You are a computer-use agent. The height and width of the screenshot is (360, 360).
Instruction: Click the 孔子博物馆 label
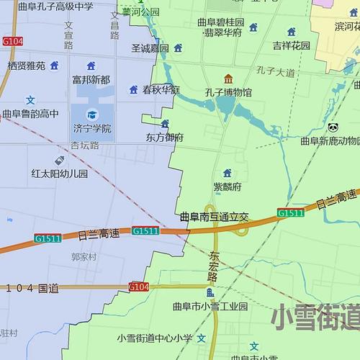coord(228,92)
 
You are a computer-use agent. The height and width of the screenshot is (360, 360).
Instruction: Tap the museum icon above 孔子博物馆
coord(228,78)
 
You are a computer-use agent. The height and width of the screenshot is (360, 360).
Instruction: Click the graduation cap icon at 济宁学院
coord(91,114)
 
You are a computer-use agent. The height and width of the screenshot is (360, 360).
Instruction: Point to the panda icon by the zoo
coord(333,127)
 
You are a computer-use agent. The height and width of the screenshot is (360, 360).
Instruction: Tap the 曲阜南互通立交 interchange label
coord(214,216)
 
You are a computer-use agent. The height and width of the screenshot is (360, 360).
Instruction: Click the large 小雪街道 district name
coord(317,318)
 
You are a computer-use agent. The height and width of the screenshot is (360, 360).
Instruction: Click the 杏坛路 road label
coord(85,145)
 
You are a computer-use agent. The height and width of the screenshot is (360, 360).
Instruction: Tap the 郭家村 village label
coord(84,256)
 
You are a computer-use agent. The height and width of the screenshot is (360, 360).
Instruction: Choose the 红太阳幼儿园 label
coord(59,174)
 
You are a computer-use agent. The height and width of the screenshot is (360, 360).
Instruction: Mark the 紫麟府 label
coord(227,186)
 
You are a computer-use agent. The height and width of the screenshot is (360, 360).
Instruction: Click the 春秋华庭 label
coord(161,90)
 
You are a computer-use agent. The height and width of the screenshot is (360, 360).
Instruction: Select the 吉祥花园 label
coord(291,45)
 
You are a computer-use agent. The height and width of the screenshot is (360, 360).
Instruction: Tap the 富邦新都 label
coord(91,80)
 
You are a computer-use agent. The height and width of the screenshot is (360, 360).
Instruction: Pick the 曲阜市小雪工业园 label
coord(210,306)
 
